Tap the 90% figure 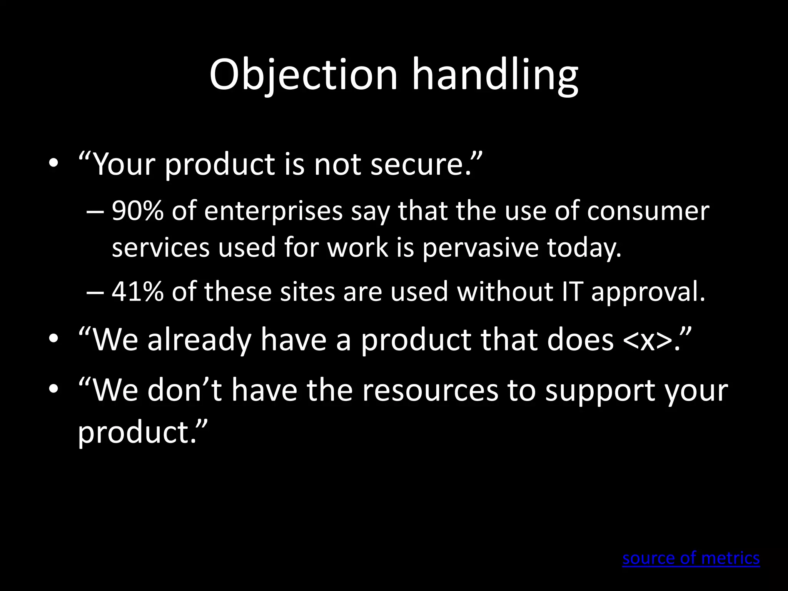click(x=137, y=211)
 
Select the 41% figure click(x=137, y=292)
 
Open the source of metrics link click(x=691, y=558)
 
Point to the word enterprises click(x=273, y=212)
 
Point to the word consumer click(x=648, y=212)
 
